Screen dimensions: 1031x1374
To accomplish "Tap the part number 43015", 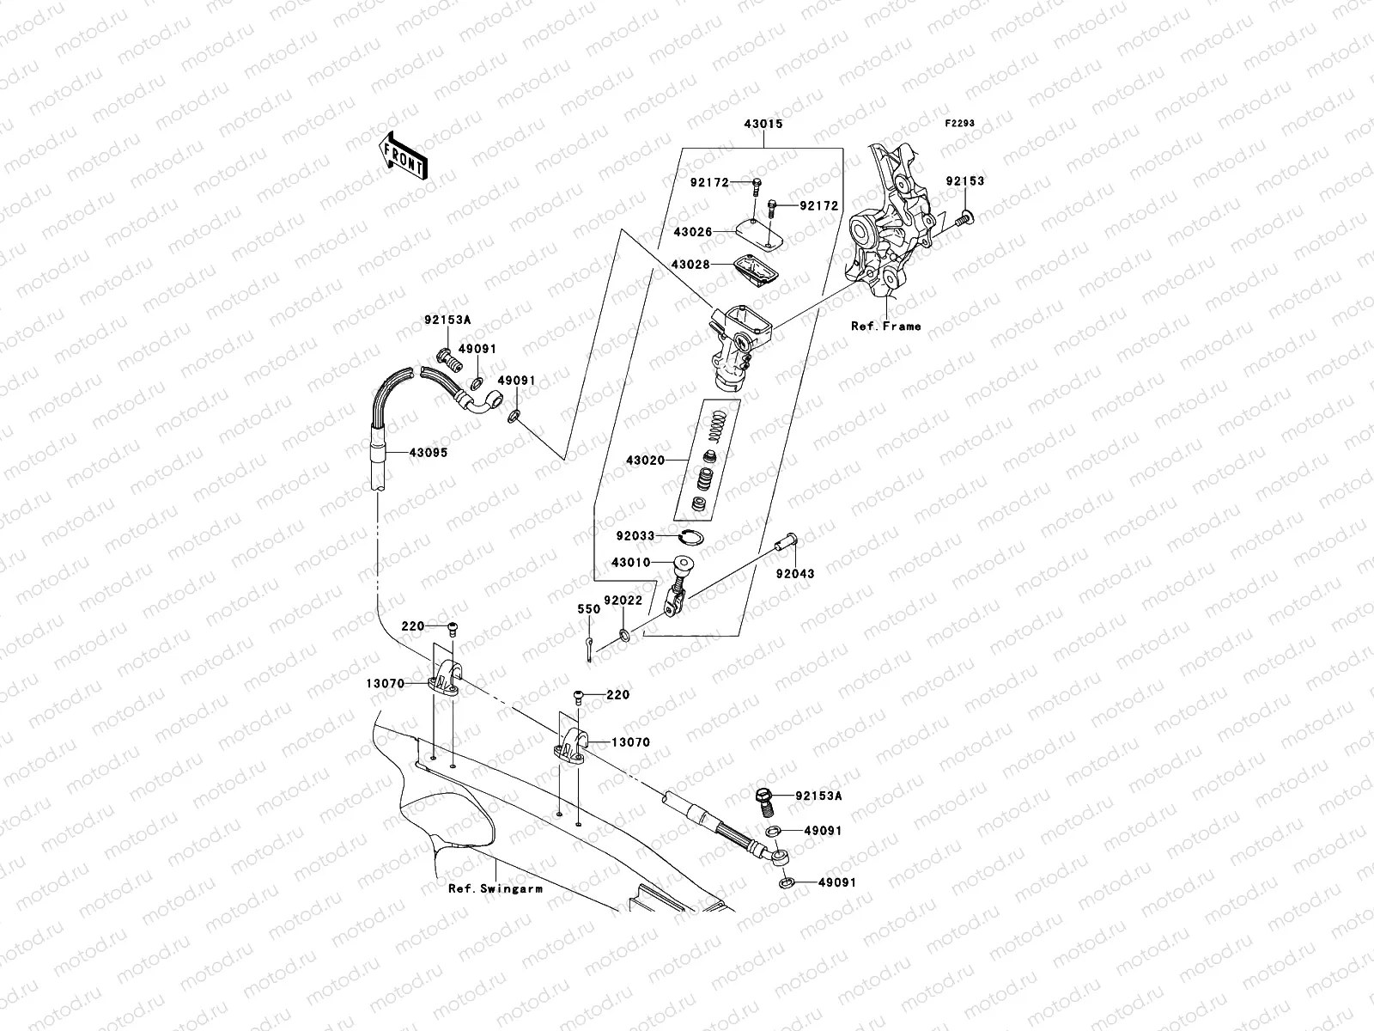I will click(763, 124).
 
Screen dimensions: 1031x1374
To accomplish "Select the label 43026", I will click(691, 232).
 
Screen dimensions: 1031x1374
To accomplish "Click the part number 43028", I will click(691, 265).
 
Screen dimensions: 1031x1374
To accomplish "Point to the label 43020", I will click(645, 461).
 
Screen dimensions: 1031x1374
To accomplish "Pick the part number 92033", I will click(635, 536).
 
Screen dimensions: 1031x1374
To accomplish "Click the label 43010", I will click(629, 563).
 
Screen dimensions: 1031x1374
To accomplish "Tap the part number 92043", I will click(795, 573).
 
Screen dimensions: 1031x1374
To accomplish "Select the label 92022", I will click(623, 601).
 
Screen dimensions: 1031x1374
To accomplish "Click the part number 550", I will click(588, 609).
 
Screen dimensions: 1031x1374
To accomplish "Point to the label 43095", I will click(428, 452).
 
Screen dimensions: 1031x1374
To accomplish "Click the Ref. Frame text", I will click(885, 326).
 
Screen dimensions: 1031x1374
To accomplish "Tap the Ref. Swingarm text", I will click(495, 888).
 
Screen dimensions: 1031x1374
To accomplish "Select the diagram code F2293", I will click(960, 124).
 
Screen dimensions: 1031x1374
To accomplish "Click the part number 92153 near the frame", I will click(965, 181).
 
